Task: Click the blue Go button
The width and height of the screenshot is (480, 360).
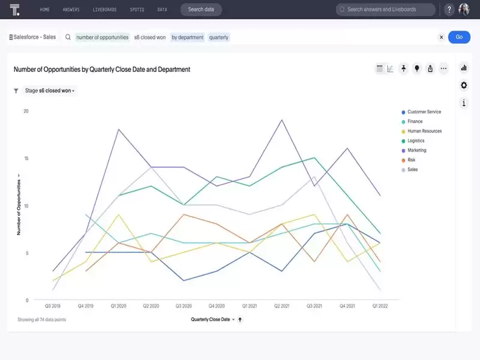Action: pos(459,37)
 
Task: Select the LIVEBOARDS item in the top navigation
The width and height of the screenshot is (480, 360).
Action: pos(104,10)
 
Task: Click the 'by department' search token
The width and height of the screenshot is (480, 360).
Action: pos(187,37)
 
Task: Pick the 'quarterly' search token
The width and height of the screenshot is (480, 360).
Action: pos(218,37)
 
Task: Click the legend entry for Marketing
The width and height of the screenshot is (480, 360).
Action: pos(416,150)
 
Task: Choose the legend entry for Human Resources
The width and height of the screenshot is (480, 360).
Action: pos(424,131)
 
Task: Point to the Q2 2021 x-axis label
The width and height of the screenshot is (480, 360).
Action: pos(281,306)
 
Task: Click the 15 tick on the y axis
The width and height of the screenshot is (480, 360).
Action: pos(25,158)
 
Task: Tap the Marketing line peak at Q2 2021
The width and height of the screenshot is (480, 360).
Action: pos(281,120)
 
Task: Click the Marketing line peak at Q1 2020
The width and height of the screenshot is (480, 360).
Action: pos(118,130)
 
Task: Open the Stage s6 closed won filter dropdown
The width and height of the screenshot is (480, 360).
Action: pos(50,91)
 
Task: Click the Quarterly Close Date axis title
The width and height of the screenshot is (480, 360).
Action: pos(211,320)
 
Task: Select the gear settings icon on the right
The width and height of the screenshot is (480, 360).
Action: pos(464,85)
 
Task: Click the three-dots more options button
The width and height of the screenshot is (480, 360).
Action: pos(443,68)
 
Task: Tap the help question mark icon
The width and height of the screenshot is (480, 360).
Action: pos(449,10)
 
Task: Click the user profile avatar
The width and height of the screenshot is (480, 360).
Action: pos(464,10)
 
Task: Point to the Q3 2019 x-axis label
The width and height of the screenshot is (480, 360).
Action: pos(53,306)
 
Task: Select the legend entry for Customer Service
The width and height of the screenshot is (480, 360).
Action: pos(424,112)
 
